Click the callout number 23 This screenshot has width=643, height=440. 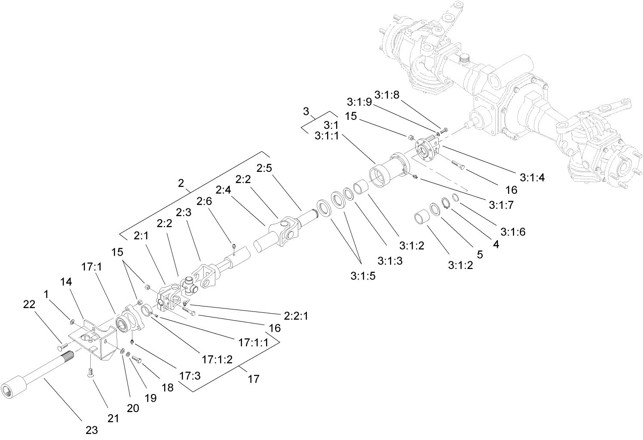click(x=92, y=430)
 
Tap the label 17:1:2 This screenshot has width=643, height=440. click(x=217, y=359)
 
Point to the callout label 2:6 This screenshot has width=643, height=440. click(x=206, y=201)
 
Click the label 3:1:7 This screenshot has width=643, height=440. click(x=501, y=205)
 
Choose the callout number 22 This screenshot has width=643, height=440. click(x=30, y=304)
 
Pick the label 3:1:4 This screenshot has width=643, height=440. click(x=532, y=177)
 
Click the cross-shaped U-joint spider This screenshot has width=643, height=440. click(x=189, y=284)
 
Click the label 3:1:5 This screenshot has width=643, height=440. click(x=363, y=276)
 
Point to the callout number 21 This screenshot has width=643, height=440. click(x=113, y=419)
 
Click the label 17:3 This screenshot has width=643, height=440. click(x=190, y=376)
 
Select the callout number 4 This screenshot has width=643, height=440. click(x=496, y=244)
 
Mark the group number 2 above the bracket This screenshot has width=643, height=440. click(x=181, y=183)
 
